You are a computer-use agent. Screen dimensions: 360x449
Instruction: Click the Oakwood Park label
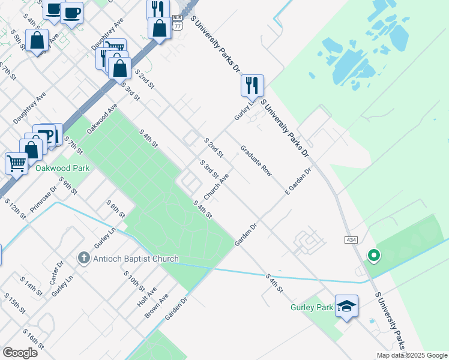pos(62,168)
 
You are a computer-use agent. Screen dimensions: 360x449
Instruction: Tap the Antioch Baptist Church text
pos(136,259)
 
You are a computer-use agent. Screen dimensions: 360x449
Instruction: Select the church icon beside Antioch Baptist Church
pos(85,259)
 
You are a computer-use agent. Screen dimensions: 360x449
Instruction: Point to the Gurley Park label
pos(316,307)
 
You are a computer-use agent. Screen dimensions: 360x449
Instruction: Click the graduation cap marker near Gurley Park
pos(347,307)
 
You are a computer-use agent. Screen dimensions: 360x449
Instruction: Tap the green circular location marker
pos(373,256)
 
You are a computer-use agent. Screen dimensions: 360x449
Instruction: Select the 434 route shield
pos(352,239)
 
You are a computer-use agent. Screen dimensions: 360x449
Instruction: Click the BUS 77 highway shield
pos(176,23)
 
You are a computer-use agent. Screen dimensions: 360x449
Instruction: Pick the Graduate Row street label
pos(256,161)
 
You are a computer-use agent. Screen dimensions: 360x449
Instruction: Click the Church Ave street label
pos(216,187)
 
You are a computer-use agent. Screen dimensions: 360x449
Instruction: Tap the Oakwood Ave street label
pos(102,118)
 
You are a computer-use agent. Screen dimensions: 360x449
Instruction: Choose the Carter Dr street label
pos(59,273)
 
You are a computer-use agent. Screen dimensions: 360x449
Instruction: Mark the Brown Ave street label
pos(160,305)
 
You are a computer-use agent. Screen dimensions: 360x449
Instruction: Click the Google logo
pos(20,352)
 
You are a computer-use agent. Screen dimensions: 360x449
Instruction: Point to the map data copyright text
pos(412,355)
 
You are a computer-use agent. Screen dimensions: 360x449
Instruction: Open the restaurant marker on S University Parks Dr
pos(252,85)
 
